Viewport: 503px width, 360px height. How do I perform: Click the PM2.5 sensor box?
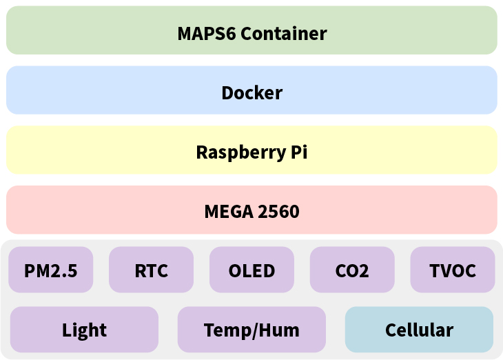point(50,270)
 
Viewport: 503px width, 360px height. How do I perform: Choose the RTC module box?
point(151,270)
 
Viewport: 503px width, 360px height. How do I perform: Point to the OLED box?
point(251,270)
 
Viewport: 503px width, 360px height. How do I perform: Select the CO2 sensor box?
point(352,270)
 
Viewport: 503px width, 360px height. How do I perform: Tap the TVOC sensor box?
point(453,270)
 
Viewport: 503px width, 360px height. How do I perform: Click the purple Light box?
point(84,330)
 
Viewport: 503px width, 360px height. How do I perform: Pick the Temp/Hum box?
point(251,330)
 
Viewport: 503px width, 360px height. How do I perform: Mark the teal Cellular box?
point(419,330)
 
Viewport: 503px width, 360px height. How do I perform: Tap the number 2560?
point(278,211)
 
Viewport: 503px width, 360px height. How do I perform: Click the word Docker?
point(251,92)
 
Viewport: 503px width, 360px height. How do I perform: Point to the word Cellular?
point(419,330)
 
